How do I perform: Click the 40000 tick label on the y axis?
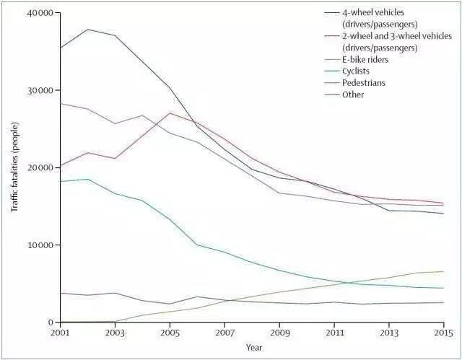(40, 14)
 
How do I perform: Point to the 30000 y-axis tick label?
(40, 91)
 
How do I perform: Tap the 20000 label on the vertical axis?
(40, 168)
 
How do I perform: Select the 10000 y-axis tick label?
(40, 245)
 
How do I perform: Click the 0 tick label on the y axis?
(51, 322)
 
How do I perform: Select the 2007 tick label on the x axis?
(224, 333)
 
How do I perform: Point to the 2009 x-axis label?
(279, 333)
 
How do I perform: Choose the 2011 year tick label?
(334, 333)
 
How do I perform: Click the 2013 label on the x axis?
(389, 333)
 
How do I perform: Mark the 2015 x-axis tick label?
(443, 333)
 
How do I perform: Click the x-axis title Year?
(254, 348)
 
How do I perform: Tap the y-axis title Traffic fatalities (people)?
(14, 167)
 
